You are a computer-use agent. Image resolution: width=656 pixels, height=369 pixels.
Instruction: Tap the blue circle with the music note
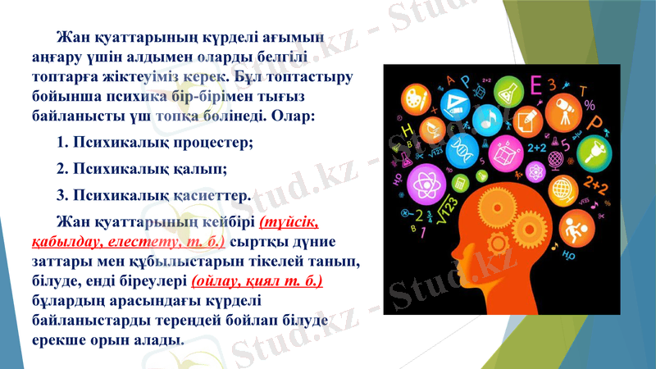(487, 120)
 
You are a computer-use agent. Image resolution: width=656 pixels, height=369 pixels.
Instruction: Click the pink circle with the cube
(505, 153)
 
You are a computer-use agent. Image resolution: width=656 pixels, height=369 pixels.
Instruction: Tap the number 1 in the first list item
(61, 143)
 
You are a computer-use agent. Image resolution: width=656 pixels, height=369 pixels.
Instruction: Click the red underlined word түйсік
(290, 222)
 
